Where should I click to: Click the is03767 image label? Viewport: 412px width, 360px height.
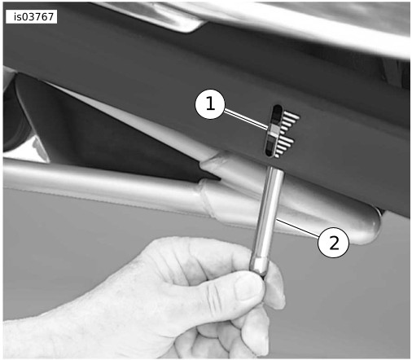(x=31, y=17)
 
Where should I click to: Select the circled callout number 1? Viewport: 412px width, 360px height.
(x=210, y=104)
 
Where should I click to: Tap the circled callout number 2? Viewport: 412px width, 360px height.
(x=333, y=243)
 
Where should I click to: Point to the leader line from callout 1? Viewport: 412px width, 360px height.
(x=246, y=118)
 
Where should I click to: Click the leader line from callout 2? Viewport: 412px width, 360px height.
(x=298, y=227)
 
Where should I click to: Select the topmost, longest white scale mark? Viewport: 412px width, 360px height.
(x=291, y=116)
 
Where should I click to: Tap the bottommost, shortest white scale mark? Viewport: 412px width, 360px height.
(x=277, y=156)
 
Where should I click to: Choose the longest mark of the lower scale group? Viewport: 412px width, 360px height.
(x=286, y=140)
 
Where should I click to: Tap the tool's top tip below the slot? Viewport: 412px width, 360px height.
(x=275, y=169)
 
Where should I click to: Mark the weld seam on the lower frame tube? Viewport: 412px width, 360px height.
(x=209, y=199)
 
